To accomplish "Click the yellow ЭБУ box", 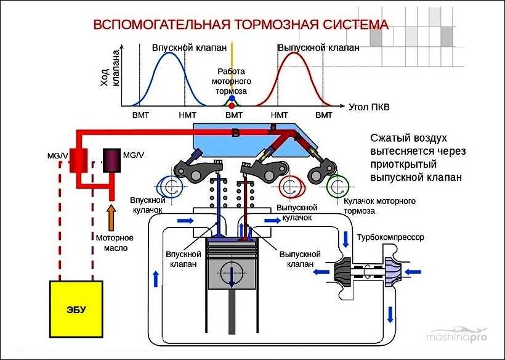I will click(76, 308).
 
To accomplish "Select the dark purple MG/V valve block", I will click(112, 160).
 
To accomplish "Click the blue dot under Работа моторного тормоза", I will click(232, 99).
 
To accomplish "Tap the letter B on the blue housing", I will click(235, 133).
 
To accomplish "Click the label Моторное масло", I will click(111, 243).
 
